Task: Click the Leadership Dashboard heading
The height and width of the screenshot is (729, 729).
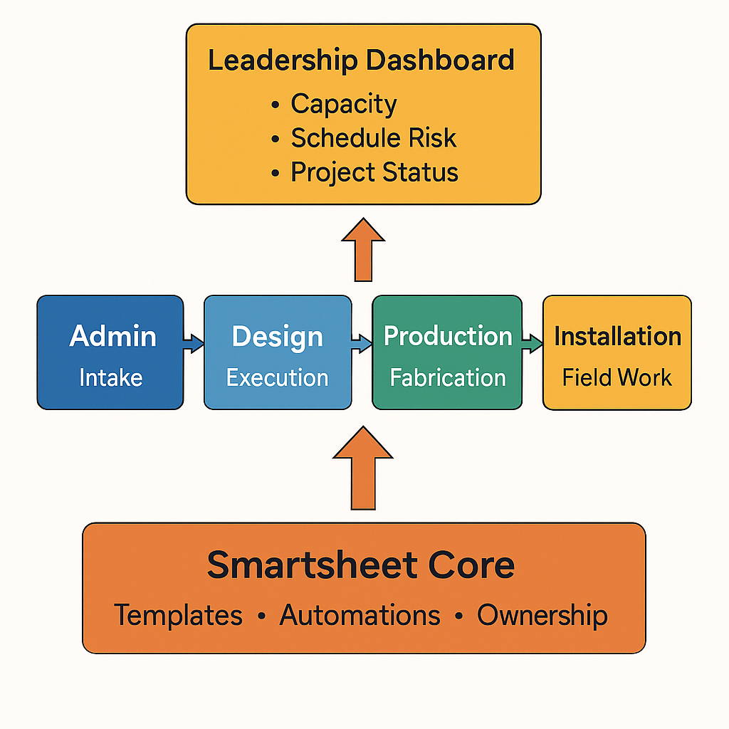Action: click(x=361, y=61)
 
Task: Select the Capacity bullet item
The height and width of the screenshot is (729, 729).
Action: click(x=343, y=104)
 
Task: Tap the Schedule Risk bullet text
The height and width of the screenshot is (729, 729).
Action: click(x=373, y=138)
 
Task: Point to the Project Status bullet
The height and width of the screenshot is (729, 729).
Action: click(x=374, y=172)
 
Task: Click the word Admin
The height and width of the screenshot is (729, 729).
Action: click(x=112, y=336)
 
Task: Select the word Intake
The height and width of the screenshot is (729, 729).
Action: click(x=111, y=377)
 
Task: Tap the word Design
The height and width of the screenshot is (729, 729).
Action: click(x=278, y=336)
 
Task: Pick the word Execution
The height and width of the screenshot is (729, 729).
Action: click(x=278, y=377)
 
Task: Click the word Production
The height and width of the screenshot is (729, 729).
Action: click(x=448, y=336)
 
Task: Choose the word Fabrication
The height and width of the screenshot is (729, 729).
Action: click(x=448, y=377)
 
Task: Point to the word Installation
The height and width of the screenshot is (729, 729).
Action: click(x=617, y=336)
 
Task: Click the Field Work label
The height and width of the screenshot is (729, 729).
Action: click(x=617, y=377)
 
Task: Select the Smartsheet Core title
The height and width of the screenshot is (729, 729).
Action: click(x=361, y=565)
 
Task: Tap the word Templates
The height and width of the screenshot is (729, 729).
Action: click(x=179, y=615)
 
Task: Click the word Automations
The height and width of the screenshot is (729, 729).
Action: click(x=360, y=615)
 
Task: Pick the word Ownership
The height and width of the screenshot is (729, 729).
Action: click(x=542, y=615)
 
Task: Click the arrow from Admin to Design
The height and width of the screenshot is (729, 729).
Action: click(x=194, y=345)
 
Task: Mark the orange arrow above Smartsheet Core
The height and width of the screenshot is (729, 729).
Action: click(x=362, y=469)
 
